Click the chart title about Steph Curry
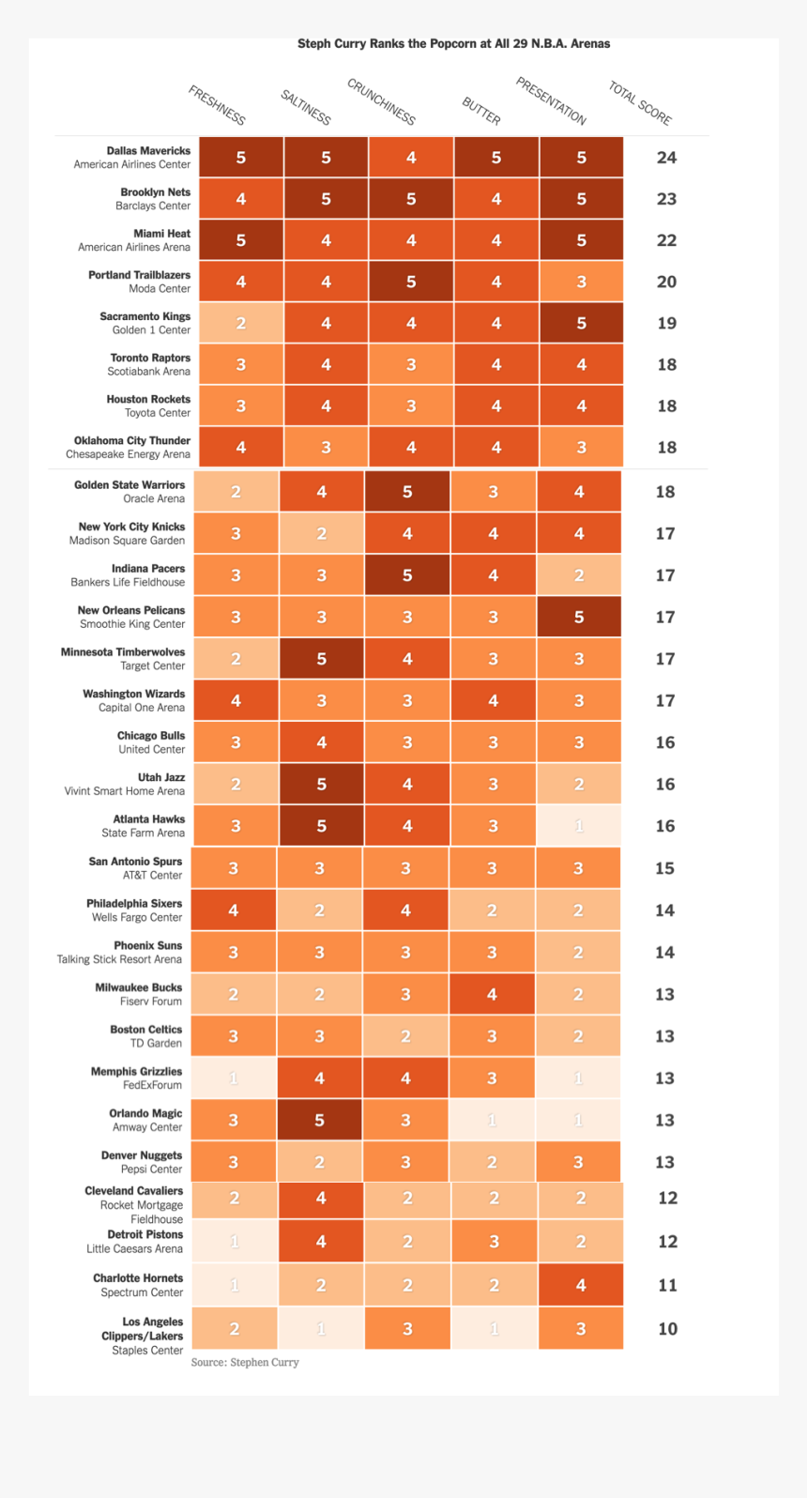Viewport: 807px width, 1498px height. pyautogui.click(x=453, y=44)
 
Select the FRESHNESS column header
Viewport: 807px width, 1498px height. pyautogui.click(x=217, y=105)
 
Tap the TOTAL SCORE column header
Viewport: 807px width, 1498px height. pyautogui.click(x=640, y=103)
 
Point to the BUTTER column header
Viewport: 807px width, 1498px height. pyautogui.click(x=481, y=111)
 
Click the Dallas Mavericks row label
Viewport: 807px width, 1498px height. pyautogui.click(x=132, y=158)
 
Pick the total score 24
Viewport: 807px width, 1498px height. pyautogui.click(x=666, y=158)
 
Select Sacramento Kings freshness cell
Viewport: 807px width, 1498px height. pyautogui.click(x=240, y=323)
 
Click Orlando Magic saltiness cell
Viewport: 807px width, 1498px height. pyautogui.click(x=319, y=1120)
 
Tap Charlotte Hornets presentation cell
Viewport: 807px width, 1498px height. pyautogui.click(x=581, y=1285)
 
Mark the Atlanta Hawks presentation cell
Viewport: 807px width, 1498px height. pyautogui.click(x=579, y=826)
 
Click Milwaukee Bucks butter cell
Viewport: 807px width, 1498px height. pyautogui.click(x=492, y=994)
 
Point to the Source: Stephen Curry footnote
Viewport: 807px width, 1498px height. pyautogui.click(x=245, y=1362)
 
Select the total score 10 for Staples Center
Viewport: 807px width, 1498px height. pyautogui.click(x=667, y=1328)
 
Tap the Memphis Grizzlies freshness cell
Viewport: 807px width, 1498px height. pyautogui.click(x=234, y=1078)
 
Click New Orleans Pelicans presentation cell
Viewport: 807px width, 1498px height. pyautogui.click(x=579, y=617)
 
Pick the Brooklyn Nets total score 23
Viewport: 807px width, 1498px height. pyautogui.click(x=666, y=199)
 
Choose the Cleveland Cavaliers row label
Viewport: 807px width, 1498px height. pyautogui.click(x=134, y=1204)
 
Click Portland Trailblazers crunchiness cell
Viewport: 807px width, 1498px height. pyautogui.click(x=411, y=282)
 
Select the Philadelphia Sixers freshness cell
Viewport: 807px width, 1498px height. pyautogui.click(x=234, y=910)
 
